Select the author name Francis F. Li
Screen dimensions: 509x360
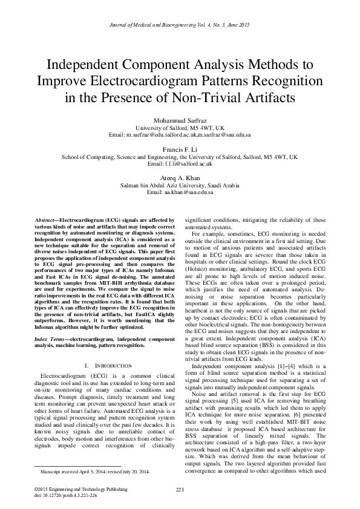click(180, 149)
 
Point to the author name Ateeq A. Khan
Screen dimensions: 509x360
click(180, 177)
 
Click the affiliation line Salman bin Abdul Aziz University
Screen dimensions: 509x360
click(180, 184)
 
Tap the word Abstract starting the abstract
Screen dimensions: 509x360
click(46, 221)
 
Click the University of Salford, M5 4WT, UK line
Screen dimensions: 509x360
click(180, 128)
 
